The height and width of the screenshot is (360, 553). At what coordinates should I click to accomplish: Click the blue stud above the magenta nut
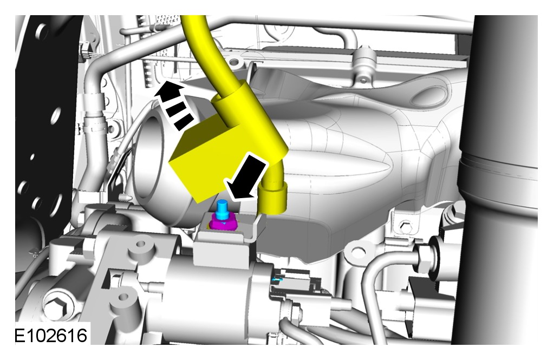pyautogui.click(x=223, y=208)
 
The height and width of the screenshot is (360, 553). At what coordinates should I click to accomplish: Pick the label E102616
pyautogui.click(x=51, y=335)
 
